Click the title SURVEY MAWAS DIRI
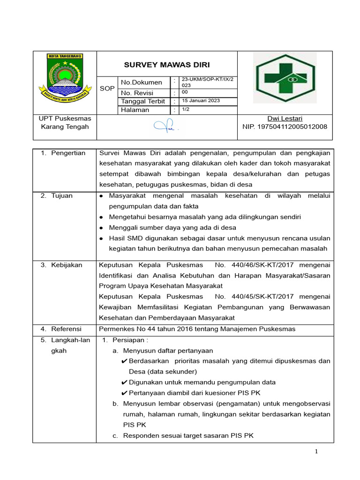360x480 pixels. pos(166,65)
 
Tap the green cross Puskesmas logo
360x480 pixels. pos(285,77)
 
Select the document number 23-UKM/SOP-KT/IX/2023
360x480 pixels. pos(206,82)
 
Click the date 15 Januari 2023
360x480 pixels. pos(201,101)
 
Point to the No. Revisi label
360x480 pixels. pos(137,92)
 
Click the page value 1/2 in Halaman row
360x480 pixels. pos(186,109)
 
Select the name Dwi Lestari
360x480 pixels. pos(285,118)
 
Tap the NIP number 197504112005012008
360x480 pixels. pos(285,127)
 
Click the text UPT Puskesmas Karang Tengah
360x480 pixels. pos(65,122)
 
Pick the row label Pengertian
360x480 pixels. pos(68,153)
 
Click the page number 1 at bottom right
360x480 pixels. pos(316,451)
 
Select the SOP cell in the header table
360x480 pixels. pos(107,88)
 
